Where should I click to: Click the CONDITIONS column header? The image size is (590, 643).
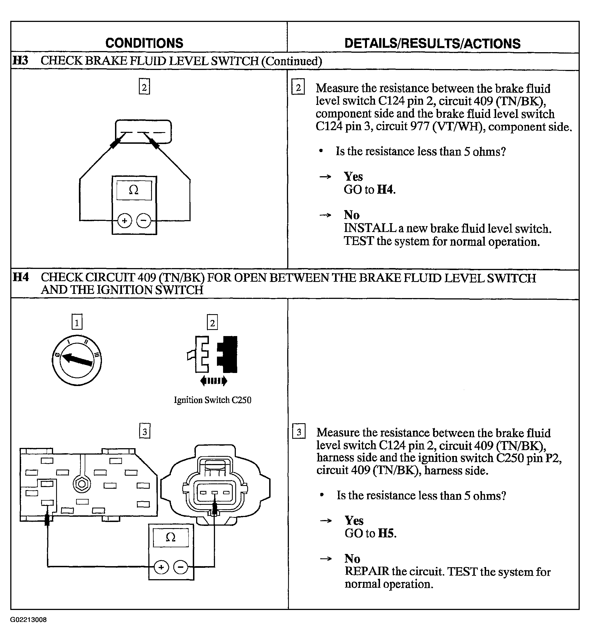(144, 43)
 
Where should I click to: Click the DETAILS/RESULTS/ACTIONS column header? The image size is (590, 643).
(432, 43)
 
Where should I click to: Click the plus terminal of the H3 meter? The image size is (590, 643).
(124, 220)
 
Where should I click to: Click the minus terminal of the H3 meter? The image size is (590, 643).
(144, 220)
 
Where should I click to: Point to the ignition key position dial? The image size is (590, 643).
(77, 360)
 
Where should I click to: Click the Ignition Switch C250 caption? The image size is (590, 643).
(212, 400)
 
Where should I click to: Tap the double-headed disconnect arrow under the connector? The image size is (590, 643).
(214, 380)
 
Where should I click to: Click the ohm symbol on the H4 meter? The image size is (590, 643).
(171, 538)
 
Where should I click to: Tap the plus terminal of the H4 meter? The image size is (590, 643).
(161, 567)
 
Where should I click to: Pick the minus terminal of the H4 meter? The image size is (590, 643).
(181, 567)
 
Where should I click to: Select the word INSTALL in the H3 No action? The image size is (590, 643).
(370, 228)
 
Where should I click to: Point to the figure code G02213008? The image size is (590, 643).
(28, 620)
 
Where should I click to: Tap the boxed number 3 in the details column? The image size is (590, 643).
(299, 432)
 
